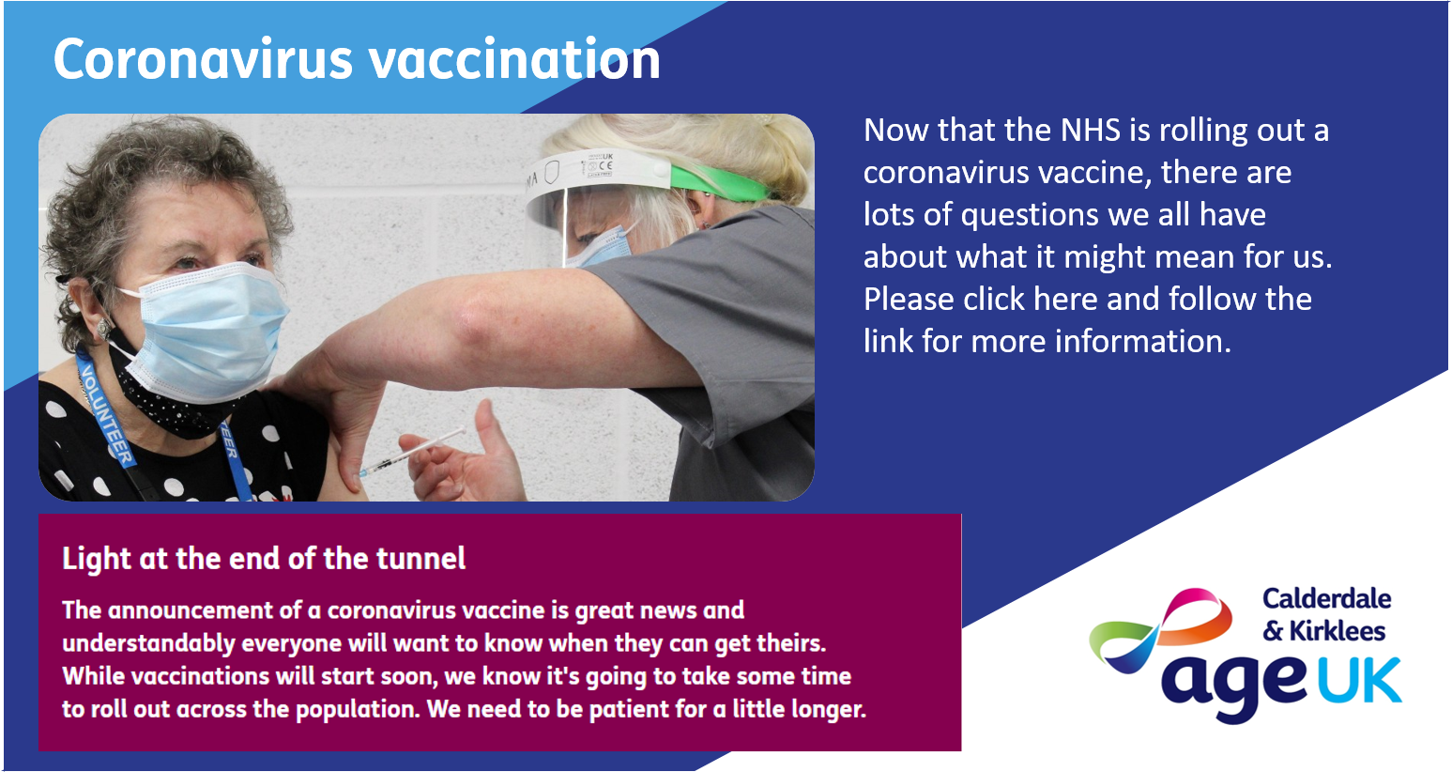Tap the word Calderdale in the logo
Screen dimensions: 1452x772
[x=1326, y=599]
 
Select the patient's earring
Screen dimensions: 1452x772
[x=103, y=329]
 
